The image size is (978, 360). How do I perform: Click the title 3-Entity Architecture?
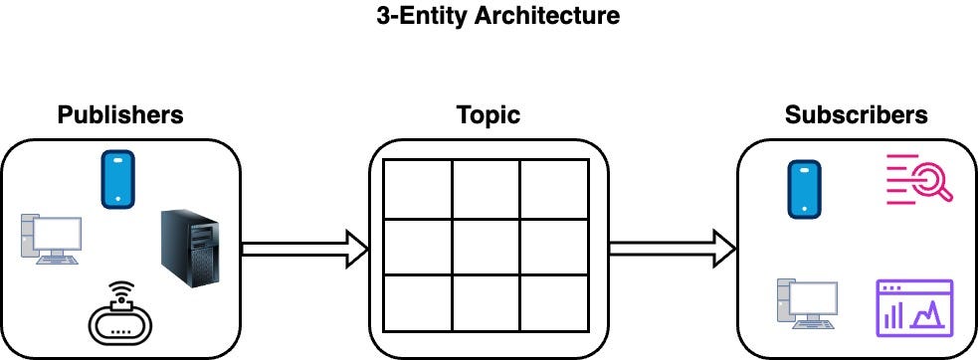[497, 16]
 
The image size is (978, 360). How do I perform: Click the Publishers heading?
[120, 114]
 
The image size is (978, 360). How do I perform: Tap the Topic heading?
[488, 114]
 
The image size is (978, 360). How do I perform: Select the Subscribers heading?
[856, 114]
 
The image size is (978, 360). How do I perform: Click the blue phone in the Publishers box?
[117, 180]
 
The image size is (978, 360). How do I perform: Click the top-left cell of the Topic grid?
[418, 189]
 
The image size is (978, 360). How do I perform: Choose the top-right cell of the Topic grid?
[554, 189]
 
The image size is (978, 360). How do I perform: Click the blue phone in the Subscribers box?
[804, 190]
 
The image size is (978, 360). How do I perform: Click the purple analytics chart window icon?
[914, 307]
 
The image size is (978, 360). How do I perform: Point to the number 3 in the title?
[383, 16]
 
